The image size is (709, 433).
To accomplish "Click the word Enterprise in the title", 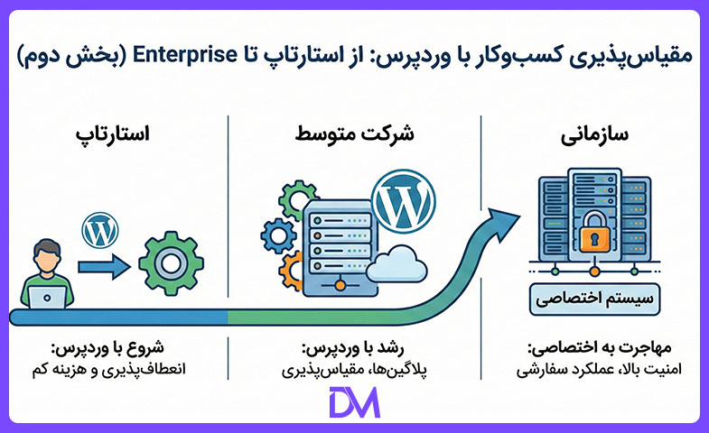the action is click(x=185, y=56).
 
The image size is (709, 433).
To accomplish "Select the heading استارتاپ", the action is click(x=112, y=134).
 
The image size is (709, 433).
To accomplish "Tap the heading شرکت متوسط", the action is click(x=354, y=134).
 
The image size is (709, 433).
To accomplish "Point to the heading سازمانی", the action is click(x=594, y=135).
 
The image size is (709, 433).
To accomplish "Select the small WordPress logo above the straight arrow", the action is click(x=100, y=230).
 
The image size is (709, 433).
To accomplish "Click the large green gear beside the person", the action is click(x=171, y=263).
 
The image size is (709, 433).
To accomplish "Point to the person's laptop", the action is click(x=47, y=297).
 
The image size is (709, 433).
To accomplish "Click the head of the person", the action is click(x=47, y=257).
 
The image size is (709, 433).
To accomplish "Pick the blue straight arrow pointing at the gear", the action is click(x=105, y=267).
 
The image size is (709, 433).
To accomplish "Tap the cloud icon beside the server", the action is click(x=396, y=264).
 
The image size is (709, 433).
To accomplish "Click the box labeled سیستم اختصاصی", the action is click(x=594, y=299).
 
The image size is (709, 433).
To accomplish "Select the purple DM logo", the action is click(x=354, y=402).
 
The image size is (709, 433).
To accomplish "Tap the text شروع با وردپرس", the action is click(x=107, y=347).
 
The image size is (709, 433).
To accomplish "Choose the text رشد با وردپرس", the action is click(x=352, y=348).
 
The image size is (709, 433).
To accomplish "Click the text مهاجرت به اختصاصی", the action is click(x=599, y=348).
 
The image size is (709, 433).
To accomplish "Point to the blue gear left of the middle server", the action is click(x=278, y=235).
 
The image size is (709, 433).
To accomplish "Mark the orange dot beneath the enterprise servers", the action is click(x=595, y=272).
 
